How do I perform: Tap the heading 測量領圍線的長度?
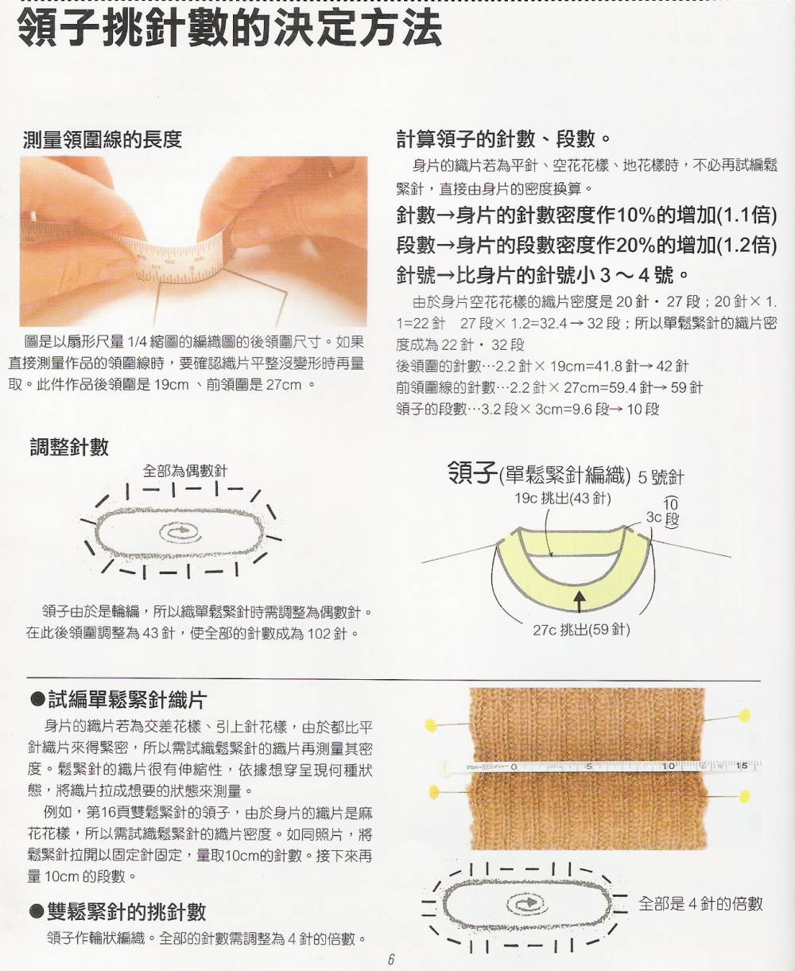click(x=103, y=139)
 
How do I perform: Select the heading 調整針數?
click(x=69, y=447)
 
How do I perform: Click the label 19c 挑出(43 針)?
click(x=563, y=498)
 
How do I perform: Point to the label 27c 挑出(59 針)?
click(x=581, y=629)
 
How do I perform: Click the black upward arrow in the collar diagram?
click(x=580, y=600)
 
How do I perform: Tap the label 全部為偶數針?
click(x=185, y=471)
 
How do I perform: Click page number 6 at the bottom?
click(x=391, y=959)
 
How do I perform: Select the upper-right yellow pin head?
click(x=744, y=716)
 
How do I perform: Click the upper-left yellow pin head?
click(x=432, y=725)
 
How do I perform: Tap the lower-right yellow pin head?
click(x=744, y=796)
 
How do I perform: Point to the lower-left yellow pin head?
click(x=434, y=792)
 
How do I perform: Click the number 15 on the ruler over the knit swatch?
click(x=742, y=766)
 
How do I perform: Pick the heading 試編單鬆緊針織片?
click(x=118, y=700)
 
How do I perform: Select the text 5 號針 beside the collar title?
click(x=661, y=477)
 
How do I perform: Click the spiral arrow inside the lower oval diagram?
click(x=527, y=902)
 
